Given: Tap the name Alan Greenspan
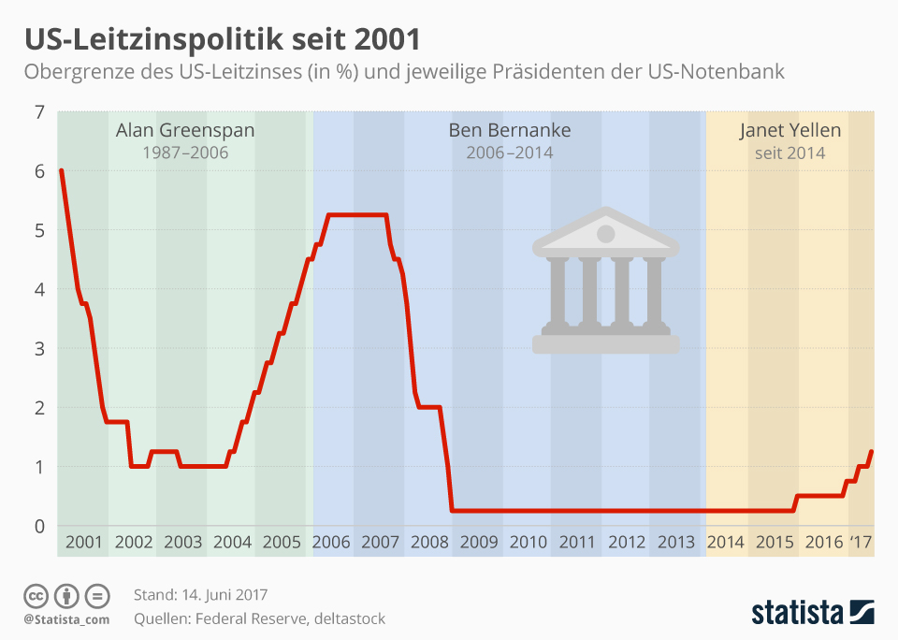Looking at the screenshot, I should tap(184, 130).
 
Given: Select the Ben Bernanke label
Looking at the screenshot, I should tap(510, 130).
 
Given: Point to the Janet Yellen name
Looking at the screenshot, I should tap(790, 130).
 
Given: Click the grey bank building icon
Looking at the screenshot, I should tap(605, 281).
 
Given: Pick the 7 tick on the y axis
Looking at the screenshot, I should tap(39, 112).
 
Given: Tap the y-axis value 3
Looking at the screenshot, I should tap(39, 349).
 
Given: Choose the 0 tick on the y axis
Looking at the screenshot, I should tap(39, 526).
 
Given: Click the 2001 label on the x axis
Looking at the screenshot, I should tap(85, 542).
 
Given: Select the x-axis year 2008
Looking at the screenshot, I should tap(429, 542).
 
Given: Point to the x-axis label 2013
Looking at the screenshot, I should tap(676, 542).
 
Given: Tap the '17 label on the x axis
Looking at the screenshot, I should tap(861, 542).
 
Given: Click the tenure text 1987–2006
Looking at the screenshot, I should tap(184, 153).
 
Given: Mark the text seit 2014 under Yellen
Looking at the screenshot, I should tap(790, 153).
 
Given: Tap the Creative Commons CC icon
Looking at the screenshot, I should tap(36, 595).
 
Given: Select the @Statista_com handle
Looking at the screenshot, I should tap(66, 618).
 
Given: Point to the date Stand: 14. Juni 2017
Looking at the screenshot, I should tap(201, 595).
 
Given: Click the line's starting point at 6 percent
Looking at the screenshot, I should tap(61, 170).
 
